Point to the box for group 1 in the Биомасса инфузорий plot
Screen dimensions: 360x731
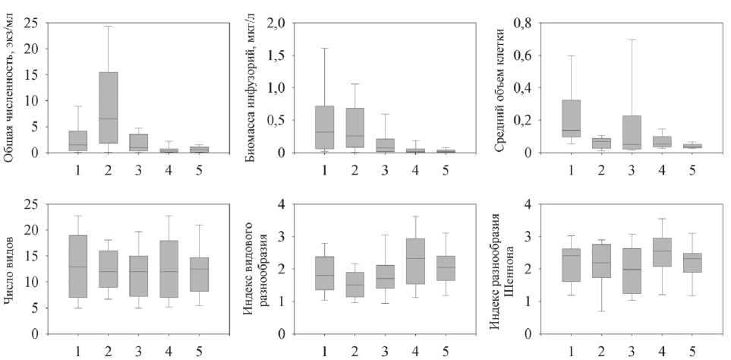pos(324,128)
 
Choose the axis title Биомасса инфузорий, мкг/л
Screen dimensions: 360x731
pos(251,85)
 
